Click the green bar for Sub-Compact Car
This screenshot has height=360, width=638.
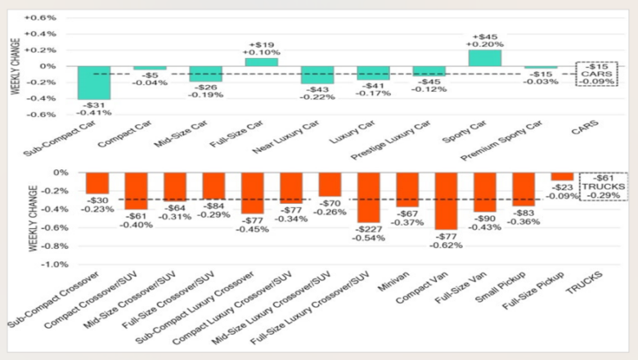tap(94, 83)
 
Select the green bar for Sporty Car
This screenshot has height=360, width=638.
tap(484, 57)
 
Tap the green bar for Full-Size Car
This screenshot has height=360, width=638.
tap(261, 62)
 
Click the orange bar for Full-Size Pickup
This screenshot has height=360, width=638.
tap(562, 176)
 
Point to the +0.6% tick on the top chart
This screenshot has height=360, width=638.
tap(43, 17)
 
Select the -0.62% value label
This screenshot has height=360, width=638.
tap(446, 245)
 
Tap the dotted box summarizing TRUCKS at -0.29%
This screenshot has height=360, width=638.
tap(602, 187)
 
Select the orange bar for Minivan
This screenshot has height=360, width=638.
tap(407, 190)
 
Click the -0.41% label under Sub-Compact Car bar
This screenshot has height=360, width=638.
tap(94, 112)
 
